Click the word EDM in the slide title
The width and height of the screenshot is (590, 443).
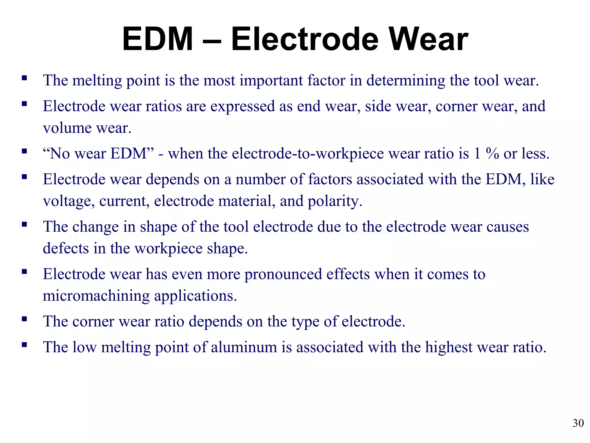(x=157, y=39)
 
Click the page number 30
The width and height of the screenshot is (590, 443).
(x=578, y=423)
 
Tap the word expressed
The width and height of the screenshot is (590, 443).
(x=243, y=106)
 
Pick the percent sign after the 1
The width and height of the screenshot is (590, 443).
(x=492, y=153)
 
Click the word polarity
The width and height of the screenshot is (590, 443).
(x=335, y=201)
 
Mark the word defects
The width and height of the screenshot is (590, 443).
(x=66, y=248)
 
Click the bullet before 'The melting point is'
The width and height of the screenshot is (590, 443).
(x=24, y=78)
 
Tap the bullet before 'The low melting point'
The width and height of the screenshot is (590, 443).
(x=24, y=344)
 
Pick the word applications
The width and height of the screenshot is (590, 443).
(x=195, y=296)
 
